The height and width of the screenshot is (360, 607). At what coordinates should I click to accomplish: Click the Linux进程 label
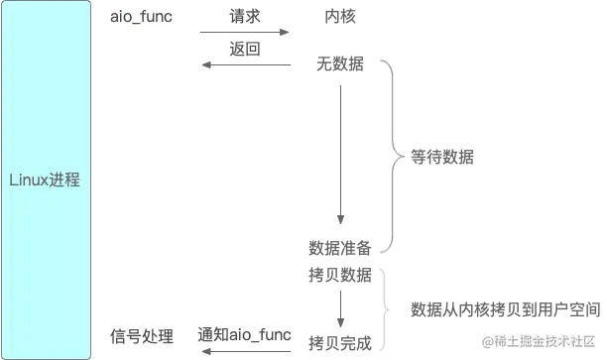[44, 180]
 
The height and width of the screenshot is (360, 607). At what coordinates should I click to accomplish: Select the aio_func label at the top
[139, 17]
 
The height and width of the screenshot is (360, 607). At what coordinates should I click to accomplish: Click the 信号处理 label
[139, 335]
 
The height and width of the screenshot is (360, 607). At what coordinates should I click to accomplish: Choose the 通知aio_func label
[244, 335]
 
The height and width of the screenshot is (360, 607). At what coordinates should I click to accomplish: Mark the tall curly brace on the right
[393, 154]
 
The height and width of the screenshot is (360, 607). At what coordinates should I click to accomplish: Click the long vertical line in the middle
[338, 149]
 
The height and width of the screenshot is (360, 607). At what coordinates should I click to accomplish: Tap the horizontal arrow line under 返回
[248, 67]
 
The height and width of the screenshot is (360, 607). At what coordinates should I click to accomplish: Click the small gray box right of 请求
[340, 16]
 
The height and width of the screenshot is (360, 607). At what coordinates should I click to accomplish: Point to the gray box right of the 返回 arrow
[337, 64]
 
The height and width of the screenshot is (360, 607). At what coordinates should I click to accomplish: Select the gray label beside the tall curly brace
[442, 155]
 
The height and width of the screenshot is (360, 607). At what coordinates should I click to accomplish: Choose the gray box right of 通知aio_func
[337, 343]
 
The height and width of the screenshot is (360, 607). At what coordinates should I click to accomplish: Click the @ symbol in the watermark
[486, 341]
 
